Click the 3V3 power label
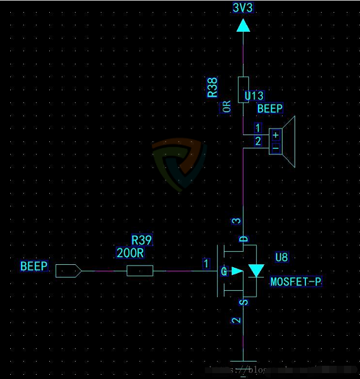click(x=243, y=7)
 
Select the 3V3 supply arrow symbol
click(x=243, y=25)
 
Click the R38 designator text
click(x=212, y=87)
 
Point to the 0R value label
click(x=227, y=106)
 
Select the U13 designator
click(x=254, y=96)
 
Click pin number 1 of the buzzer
click(x=257, y=128)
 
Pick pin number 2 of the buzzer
click(x=257, y=141)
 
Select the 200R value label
click(x=130, y=253)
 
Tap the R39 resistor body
click(x=140, y=271)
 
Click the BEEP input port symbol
click(x=68, y=271)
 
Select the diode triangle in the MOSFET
click(x=256, y=271)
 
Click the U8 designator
click(x=281, y=258)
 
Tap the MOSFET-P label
click(x=296, y=281)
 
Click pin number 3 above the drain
click(x=236, y=221)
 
